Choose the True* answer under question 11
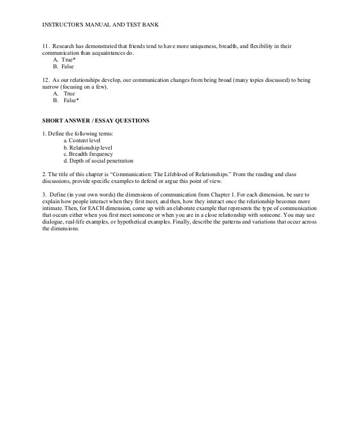pyautogui.click(x=63, y=59)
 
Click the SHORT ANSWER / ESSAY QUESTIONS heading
pyautogui.click(x=96, y=121)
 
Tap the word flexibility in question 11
pyautogui.click(x=262, y=45)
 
